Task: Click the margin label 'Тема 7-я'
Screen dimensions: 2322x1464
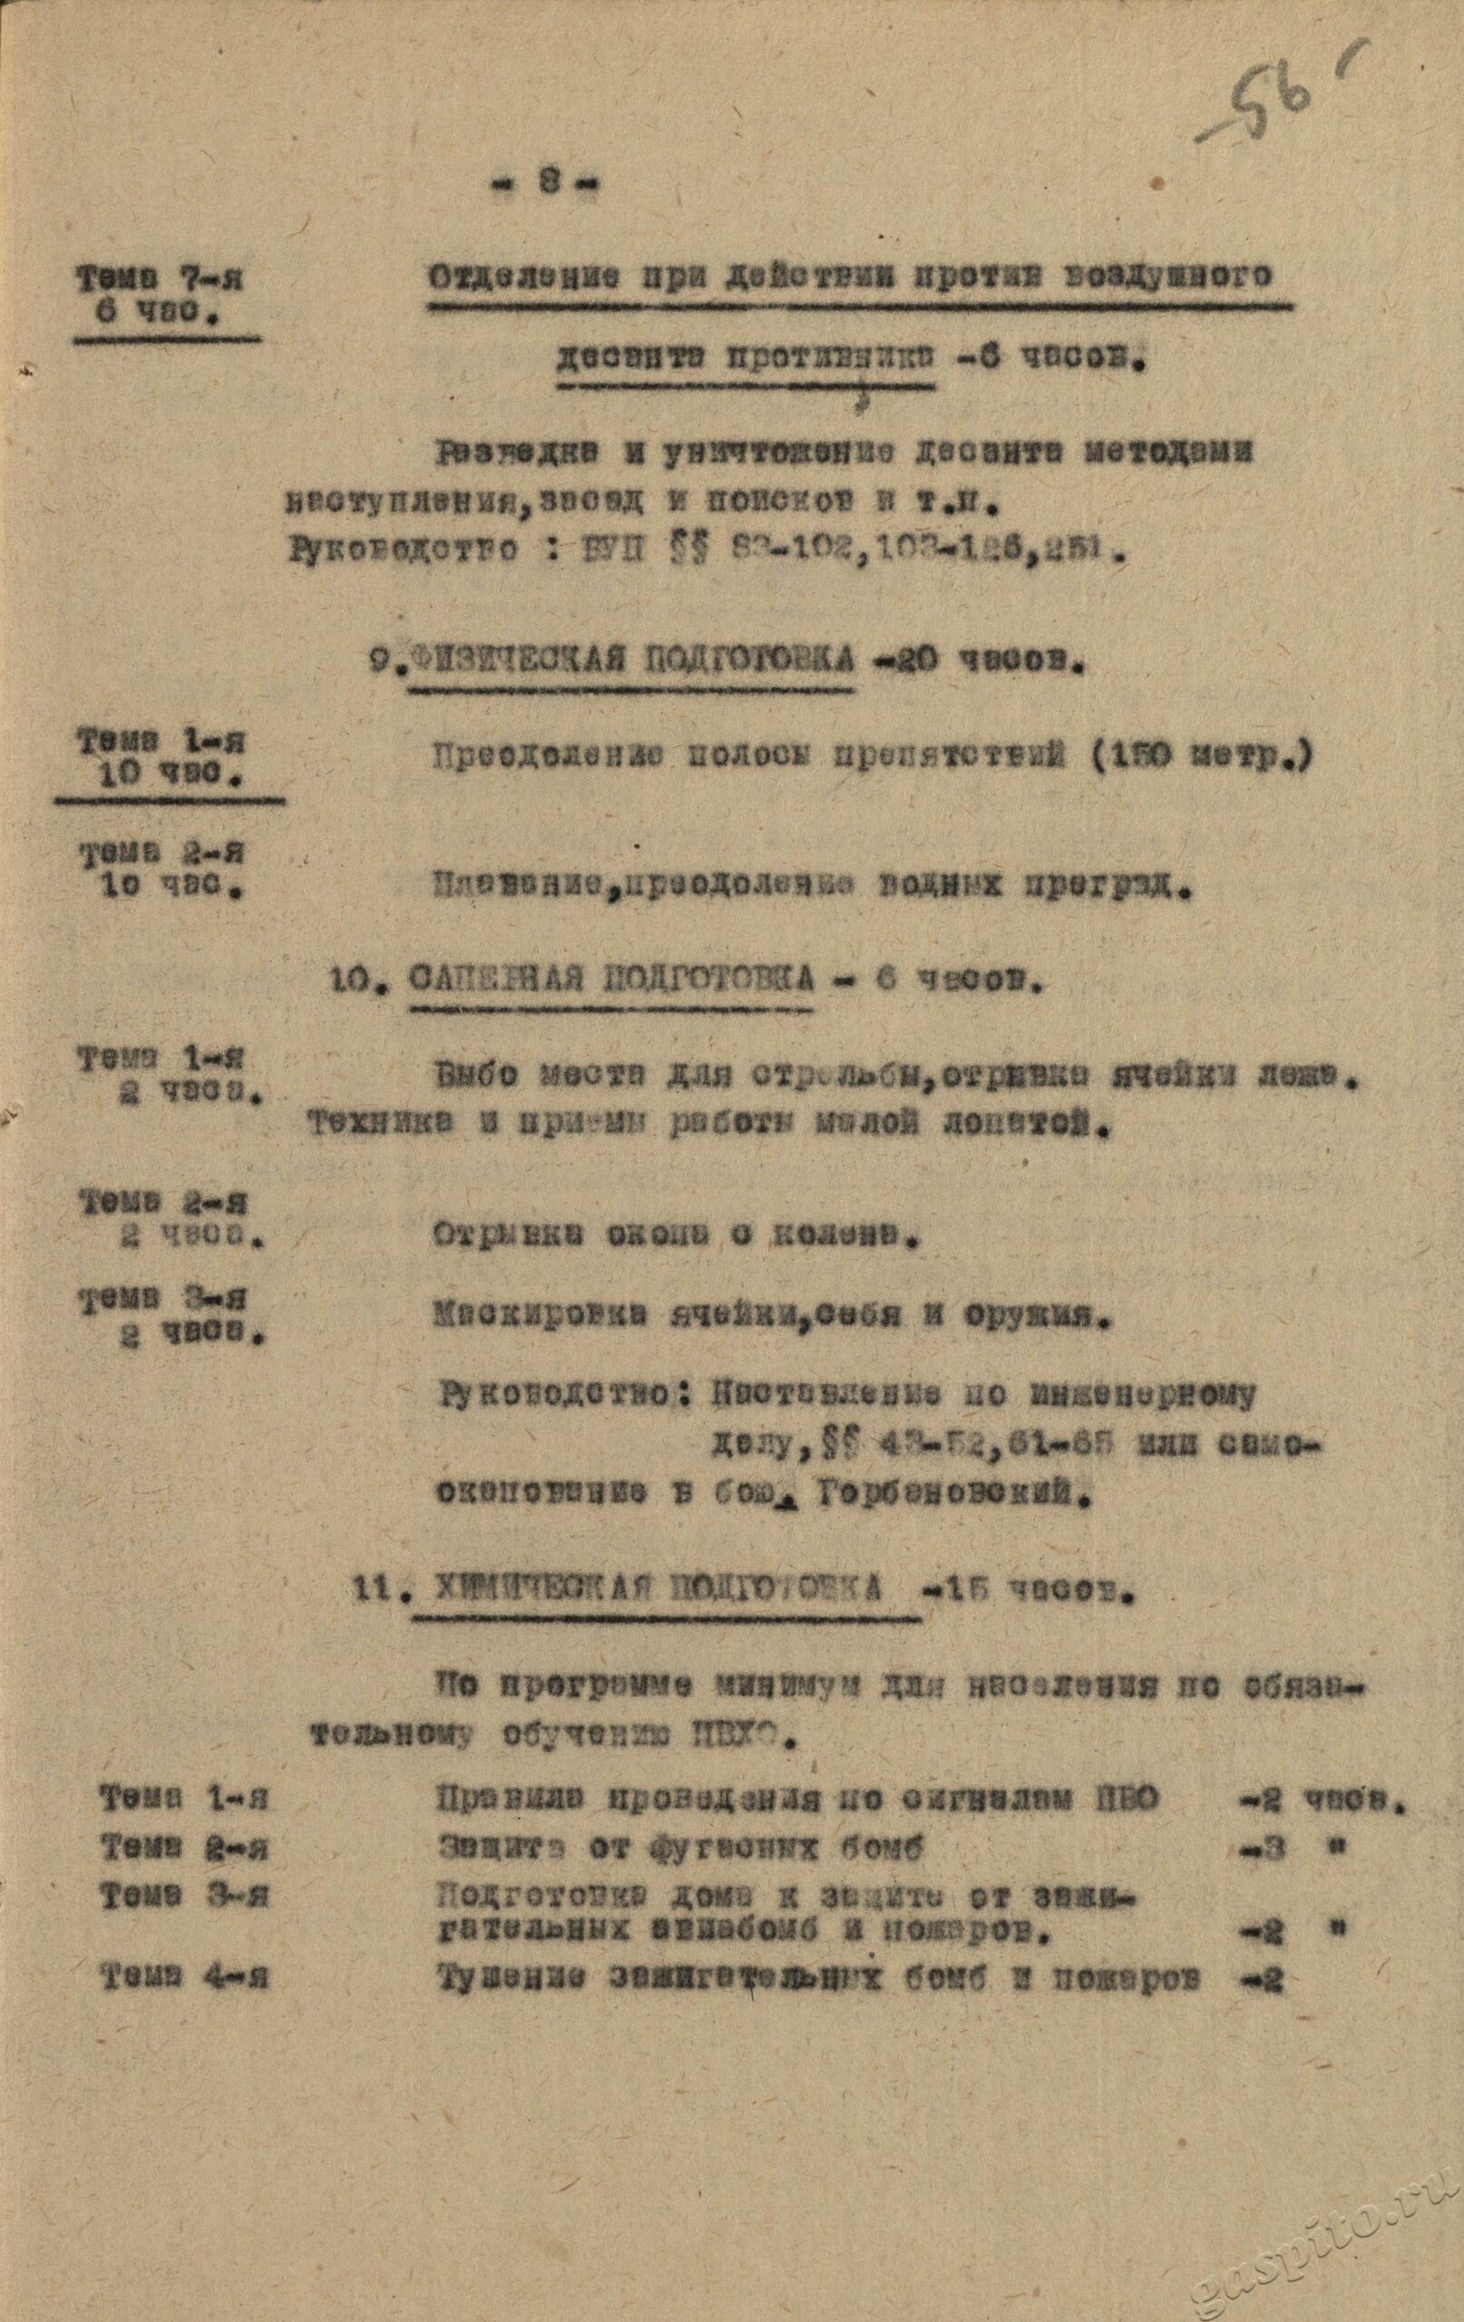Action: click(162, 280)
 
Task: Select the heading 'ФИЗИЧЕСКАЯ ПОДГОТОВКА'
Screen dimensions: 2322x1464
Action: click(632, 661)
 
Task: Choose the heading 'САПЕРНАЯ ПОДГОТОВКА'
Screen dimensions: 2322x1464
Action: click(610, 982)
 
